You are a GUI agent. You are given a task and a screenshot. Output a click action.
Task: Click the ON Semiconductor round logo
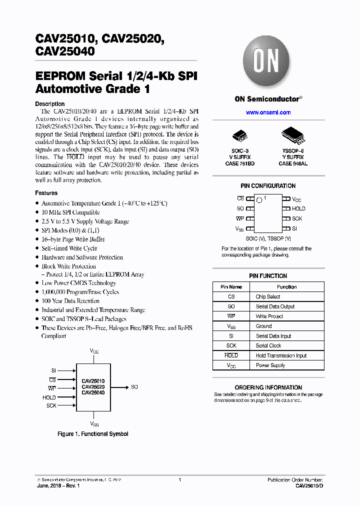(x=268, y=62)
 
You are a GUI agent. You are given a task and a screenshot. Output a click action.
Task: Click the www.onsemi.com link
(x=268, y=112)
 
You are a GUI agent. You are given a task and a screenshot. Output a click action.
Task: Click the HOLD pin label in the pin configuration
(x=298, y=208)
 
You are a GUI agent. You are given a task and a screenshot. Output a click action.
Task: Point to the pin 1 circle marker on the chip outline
(x=259, y=200)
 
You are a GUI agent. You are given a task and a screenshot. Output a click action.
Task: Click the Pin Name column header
(x=231, y=287)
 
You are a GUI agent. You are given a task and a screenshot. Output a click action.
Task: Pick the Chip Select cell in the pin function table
(x=268, y=297)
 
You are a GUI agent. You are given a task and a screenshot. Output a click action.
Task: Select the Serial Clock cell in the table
(x=268, y=346)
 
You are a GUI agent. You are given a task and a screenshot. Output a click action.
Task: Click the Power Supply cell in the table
(x=270, y=365)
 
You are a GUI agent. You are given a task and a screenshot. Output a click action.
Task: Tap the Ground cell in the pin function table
(x=263, y=326)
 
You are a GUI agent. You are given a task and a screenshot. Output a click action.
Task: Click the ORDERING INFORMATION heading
(x=268, y=387)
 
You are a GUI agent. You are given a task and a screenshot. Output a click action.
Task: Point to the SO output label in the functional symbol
(x=134, y=387)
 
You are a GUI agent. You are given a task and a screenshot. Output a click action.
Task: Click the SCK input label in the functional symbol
(x=51, y=405)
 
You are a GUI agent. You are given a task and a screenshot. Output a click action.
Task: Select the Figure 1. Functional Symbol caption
(x=93, y=434)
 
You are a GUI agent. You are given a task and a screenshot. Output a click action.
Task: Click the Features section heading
(x=46, y=193)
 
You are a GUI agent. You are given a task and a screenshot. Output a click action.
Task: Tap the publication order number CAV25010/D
(x=309, y=486)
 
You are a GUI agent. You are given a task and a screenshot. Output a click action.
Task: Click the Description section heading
(x=49, y=104)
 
